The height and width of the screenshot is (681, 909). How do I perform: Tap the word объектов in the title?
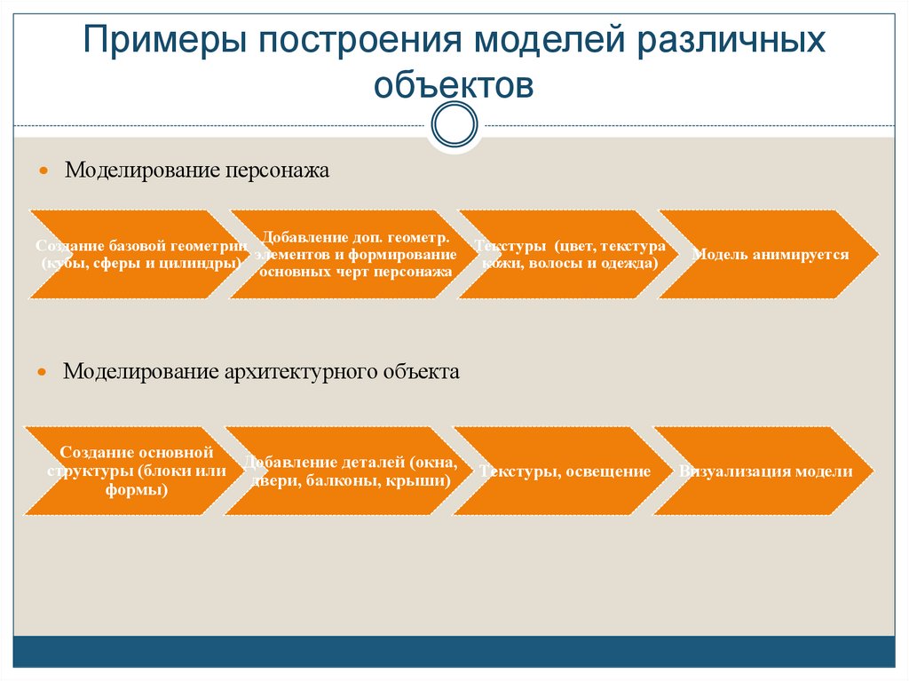tap(454, 86)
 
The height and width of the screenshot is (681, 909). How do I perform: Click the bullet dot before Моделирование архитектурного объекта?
tap(43, 372)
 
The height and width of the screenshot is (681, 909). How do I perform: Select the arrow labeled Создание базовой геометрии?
tap(133, 254)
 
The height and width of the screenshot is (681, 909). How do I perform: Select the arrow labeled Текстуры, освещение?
tap(565, 471)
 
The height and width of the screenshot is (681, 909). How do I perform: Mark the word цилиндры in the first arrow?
tap(201, 264)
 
